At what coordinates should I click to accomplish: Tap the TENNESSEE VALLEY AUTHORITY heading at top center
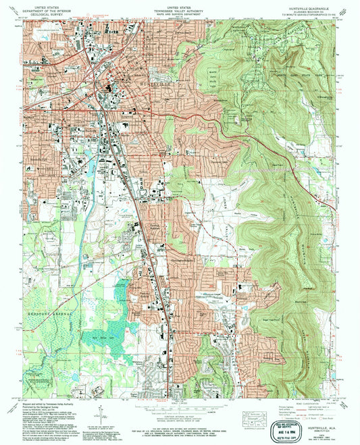(x=180, y=8)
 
